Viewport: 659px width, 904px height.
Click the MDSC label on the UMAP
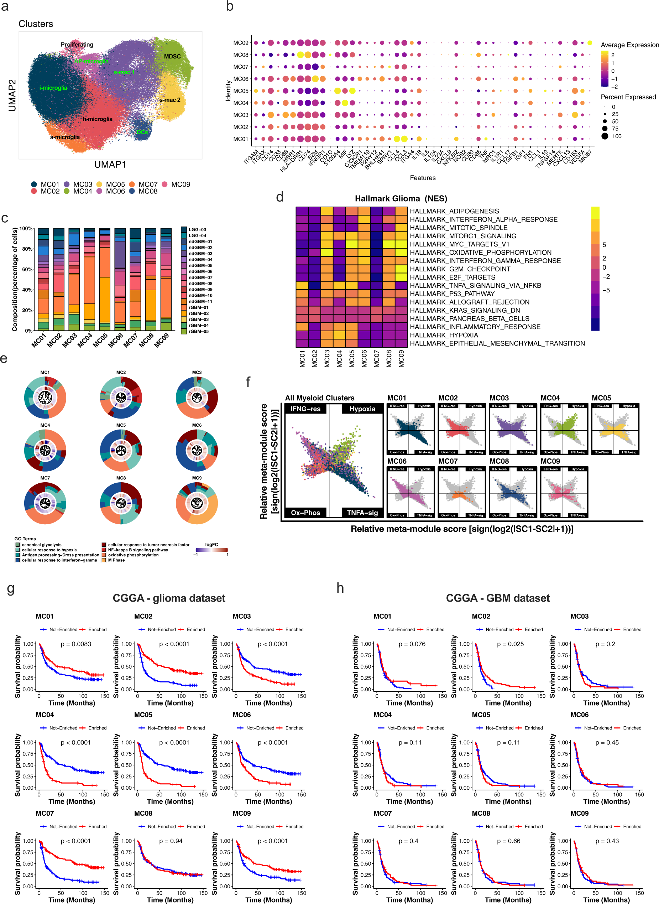[172, 57]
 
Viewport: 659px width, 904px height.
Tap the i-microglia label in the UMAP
[53, 88]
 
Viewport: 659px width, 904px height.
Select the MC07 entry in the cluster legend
[148, 185]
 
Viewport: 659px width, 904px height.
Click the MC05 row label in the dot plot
[241, 91]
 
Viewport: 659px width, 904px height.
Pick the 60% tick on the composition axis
[27, 269]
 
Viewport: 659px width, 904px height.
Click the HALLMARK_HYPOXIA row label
[444, 335]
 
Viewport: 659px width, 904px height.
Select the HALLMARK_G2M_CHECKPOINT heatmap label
[460, 269]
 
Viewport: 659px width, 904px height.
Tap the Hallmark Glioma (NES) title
[401, 198]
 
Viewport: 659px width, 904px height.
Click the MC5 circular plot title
[121, 425]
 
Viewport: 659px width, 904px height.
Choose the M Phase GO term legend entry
[116, 560]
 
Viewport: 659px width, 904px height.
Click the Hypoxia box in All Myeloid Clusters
[362, 409]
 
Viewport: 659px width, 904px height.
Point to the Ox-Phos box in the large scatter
[305, 513]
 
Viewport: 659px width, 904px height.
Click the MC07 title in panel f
[448, 461]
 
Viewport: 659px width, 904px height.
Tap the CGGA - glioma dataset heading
[169, 598]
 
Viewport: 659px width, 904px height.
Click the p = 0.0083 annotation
[76, 644]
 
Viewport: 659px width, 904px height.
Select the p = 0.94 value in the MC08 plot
[171, 841]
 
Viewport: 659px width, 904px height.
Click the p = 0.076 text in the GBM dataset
[412, 644]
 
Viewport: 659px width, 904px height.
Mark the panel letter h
[340, 588]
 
